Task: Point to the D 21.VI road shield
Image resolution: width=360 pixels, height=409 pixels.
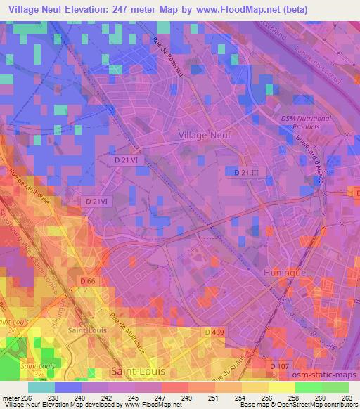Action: point(129,160)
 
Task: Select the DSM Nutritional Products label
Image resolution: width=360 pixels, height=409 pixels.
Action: point(304,123)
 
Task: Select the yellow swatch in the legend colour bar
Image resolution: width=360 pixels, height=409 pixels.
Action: point(281,387)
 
